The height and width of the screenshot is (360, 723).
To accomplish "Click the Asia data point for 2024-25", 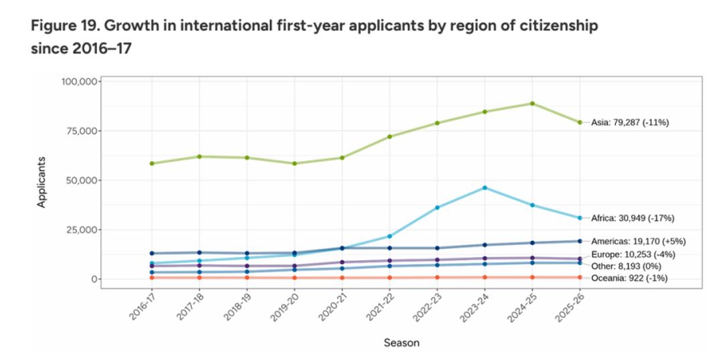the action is pos(532,103).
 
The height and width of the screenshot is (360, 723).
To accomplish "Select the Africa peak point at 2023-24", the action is pos(485,187).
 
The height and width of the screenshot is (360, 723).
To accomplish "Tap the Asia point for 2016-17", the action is pos(152,164).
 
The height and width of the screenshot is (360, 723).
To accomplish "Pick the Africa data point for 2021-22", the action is pos(390,236).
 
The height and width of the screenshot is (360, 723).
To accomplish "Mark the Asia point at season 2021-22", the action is pos(390,137).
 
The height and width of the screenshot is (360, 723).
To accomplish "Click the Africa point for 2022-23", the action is pos(437,207).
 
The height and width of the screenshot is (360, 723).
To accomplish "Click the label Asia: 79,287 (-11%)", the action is pos(630,122).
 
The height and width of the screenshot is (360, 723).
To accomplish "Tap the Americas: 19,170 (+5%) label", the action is pos(639,241).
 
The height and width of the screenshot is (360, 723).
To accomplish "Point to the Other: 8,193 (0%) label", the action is pos(626,266).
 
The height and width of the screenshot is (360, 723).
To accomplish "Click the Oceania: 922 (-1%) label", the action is pos(629,278).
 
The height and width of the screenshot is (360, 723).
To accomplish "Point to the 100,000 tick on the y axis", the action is pos(79,82).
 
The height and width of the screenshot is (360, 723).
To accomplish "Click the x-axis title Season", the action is pos(402,343).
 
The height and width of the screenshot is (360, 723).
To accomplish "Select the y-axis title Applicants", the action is pos(42,182).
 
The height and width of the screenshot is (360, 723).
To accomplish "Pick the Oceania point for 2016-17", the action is pos(152,278).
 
